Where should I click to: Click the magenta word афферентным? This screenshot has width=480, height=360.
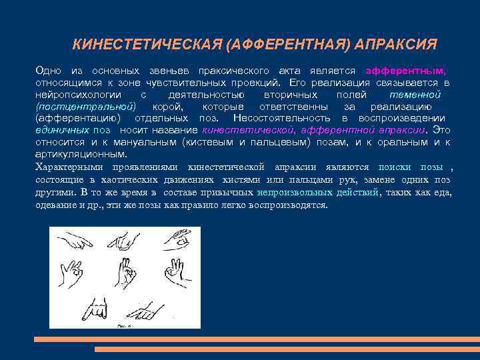pos(407,71)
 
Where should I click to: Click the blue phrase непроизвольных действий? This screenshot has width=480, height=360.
pos(319,192)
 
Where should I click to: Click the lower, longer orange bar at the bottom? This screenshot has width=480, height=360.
pos(287,349)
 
